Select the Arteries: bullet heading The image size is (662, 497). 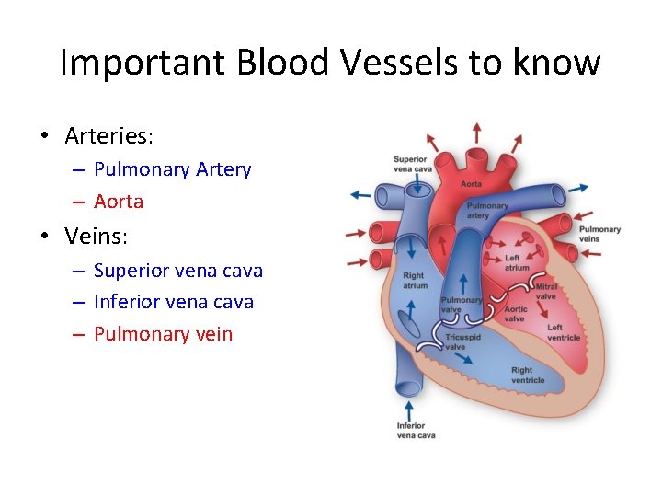(x=109, y=136)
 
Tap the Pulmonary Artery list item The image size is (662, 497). (x=172, y=169)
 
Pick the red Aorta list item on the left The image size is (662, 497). (x=119, y=201)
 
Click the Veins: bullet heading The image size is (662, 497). (x=97, y=237)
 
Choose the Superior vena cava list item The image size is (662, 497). (x=178, y=271)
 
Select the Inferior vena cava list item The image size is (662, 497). (x=174, y=302)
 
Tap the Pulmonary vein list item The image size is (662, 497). (x=164, y=333)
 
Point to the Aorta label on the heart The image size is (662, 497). (x=471, y=184)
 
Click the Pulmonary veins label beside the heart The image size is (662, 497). (x=599, y=234)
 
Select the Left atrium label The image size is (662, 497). (x=518, y=262)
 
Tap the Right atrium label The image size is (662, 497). (x=414, y=280)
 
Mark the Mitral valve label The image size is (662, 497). (x=546, y=292)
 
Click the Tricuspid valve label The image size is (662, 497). (x=462, y=342)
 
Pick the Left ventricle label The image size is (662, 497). (x=563, y=332)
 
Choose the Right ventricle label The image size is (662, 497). (x=528, y=376)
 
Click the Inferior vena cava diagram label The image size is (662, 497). (x=416, y=430)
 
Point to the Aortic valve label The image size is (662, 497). (x=516, y=314)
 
